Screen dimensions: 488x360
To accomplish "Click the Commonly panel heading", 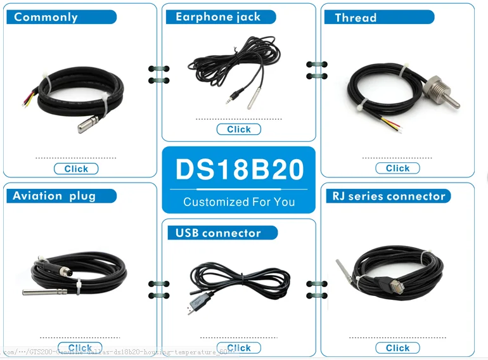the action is pyautogui.click(x=46, y=17).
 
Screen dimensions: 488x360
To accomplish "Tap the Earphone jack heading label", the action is pyautogui.click(x=218, y=17).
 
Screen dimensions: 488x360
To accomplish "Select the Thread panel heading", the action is pyautogui.click(x=356, y=18).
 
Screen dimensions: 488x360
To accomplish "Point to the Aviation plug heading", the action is pyautogui.click(x=55, y=196).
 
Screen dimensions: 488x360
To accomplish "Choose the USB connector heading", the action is pyautogui.click(x=218, y=233).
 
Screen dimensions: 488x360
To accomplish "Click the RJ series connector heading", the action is pyautogui.click(x=388, y=196).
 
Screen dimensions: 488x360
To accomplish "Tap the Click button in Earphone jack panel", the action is pyautogui.click(x=239, y=129).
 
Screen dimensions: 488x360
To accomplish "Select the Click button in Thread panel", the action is pyautogui.click(x=397, y=168).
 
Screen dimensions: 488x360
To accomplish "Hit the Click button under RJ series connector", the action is pyautogui.click(x=397, y=348).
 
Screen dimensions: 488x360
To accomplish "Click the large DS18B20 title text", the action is pyautogui.click(x=239, y=170).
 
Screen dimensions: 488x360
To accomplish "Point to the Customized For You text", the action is pyautogui.click(x=239, y=202).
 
